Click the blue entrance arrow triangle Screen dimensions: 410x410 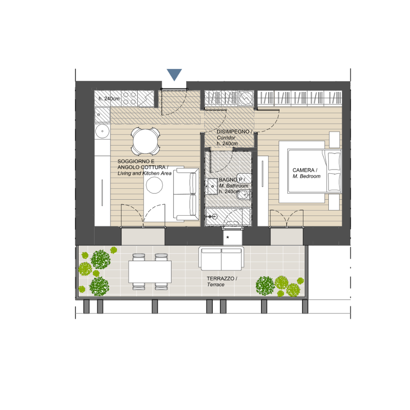(174, 74)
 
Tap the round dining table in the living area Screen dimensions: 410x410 (146, 141)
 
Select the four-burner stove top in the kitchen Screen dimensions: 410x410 (130, 98)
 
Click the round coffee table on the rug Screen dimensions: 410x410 (155, 185)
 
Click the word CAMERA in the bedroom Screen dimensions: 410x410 (303, 170)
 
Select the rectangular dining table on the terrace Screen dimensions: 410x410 (150, 272)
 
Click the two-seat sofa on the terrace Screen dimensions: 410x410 (221, 259)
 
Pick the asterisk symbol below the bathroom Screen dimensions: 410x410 (228, 237)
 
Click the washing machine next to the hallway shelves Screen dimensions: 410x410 (246, 98)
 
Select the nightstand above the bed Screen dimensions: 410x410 (334, 140)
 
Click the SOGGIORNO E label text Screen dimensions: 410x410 (136, 161)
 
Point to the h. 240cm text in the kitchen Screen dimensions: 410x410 (109, 98)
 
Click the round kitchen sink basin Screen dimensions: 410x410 (102, 131)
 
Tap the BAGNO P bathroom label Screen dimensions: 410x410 (232, 180)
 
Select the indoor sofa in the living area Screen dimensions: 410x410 (186, 194)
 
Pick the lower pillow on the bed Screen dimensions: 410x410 (334, 182)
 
